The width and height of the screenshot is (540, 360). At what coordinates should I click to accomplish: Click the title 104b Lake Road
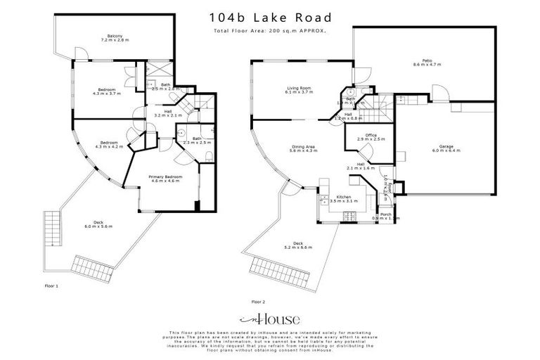click(x=270, y=16)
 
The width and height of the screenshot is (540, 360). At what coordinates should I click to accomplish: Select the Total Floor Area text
click(x=271, y=32)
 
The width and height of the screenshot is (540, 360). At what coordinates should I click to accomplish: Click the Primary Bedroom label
click(x=164, y=179)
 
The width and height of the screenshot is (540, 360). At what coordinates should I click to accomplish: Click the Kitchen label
click(x=344, y=198)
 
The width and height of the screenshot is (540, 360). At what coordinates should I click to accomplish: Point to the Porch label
click(x=385, y=217)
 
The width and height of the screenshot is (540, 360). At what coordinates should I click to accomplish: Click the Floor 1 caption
click(x=51, y=287)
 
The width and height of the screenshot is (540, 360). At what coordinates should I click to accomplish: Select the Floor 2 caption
click(x=258, y=301)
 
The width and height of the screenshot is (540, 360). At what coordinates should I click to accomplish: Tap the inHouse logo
click(x=270, y=318)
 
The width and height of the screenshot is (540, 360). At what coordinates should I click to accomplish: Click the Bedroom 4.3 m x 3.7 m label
click(x=107, y=91)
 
